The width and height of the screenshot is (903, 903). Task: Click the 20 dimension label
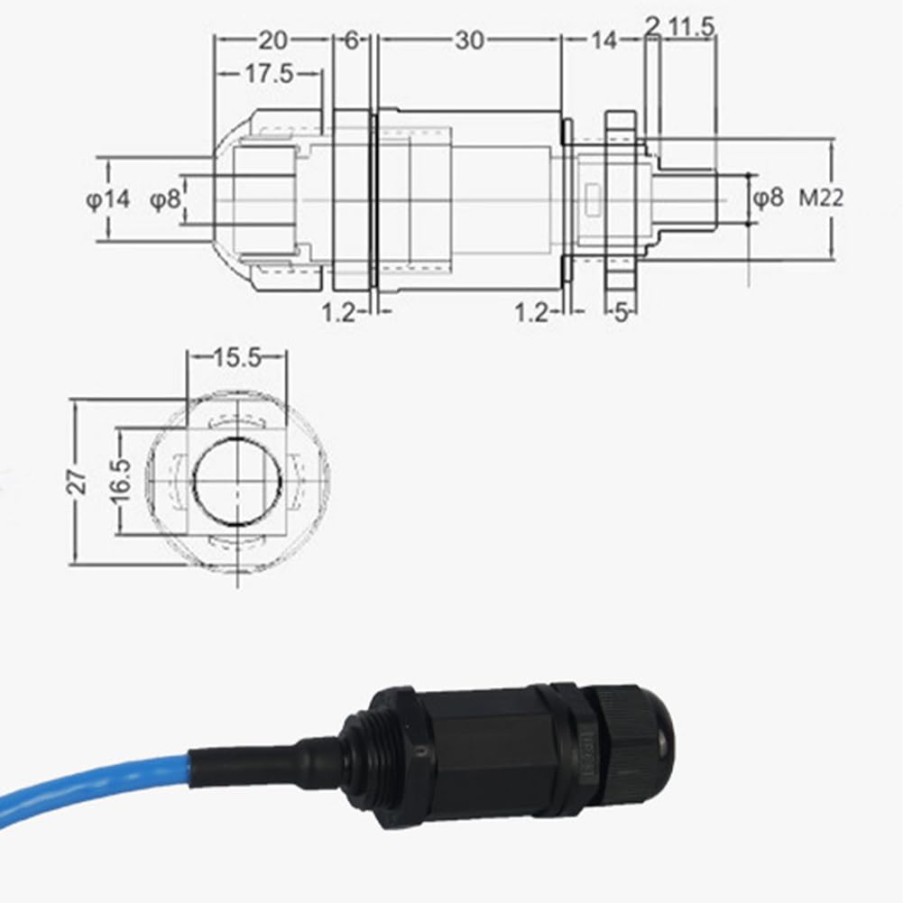[x=272, y=40]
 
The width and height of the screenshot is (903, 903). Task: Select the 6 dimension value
[x=352, y=40]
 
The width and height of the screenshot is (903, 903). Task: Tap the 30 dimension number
[x=469, y=40]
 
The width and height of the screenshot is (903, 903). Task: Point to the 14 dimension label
[x=604, y=40]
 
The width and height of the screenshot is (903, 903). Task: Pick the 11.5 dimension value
[x=692, y=27]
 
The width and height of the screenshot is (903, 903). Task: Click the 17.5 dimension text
[x=268, y=74]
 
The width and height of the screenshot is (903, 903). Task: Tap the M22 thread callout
[x=821, y=198]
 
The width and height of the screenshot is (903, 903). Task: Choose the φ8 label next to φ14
[x=165, y=199]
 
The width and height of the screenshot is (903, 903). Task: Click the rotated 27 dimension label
[x=80, y=480]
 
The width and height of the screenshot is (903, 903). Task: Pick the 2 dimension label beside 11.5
[x=652, y=27]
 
